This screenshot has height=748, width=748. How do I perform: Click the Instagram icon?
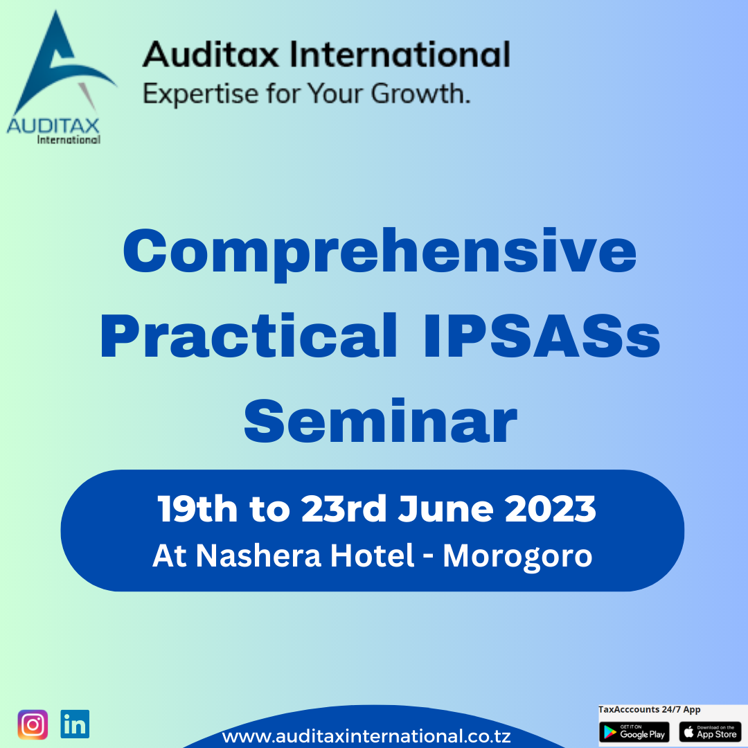33,724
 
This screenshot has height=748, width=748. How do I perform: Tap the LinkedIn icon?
75,724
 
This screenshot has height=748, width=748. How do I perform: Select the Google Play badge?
634,732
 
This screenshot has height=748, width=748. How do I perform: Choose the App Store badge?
710,732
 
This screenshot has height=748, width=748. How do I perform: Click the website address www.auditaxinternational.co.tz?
366,736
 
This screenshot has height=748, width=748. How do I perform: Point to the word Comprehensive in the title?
380,253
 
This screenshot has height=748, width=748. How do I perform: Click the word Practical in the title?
249,335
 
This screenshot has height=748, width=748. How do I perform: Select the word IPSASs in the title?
542,335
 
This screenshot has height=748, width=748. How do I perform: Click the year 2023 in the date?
551,509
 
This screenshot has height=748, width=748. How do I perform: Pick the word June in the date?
445,509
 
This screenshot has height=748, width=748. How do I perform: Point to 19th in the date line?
197,509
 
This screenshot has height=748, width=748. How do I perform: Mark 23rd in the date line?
344,509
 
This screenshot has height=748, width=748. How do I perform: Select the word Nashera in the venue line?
258,555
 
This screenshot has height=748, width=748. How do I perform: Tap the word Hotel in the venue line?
372,555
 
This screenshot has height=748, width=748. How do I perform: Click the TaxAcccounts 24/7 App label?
649,710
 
